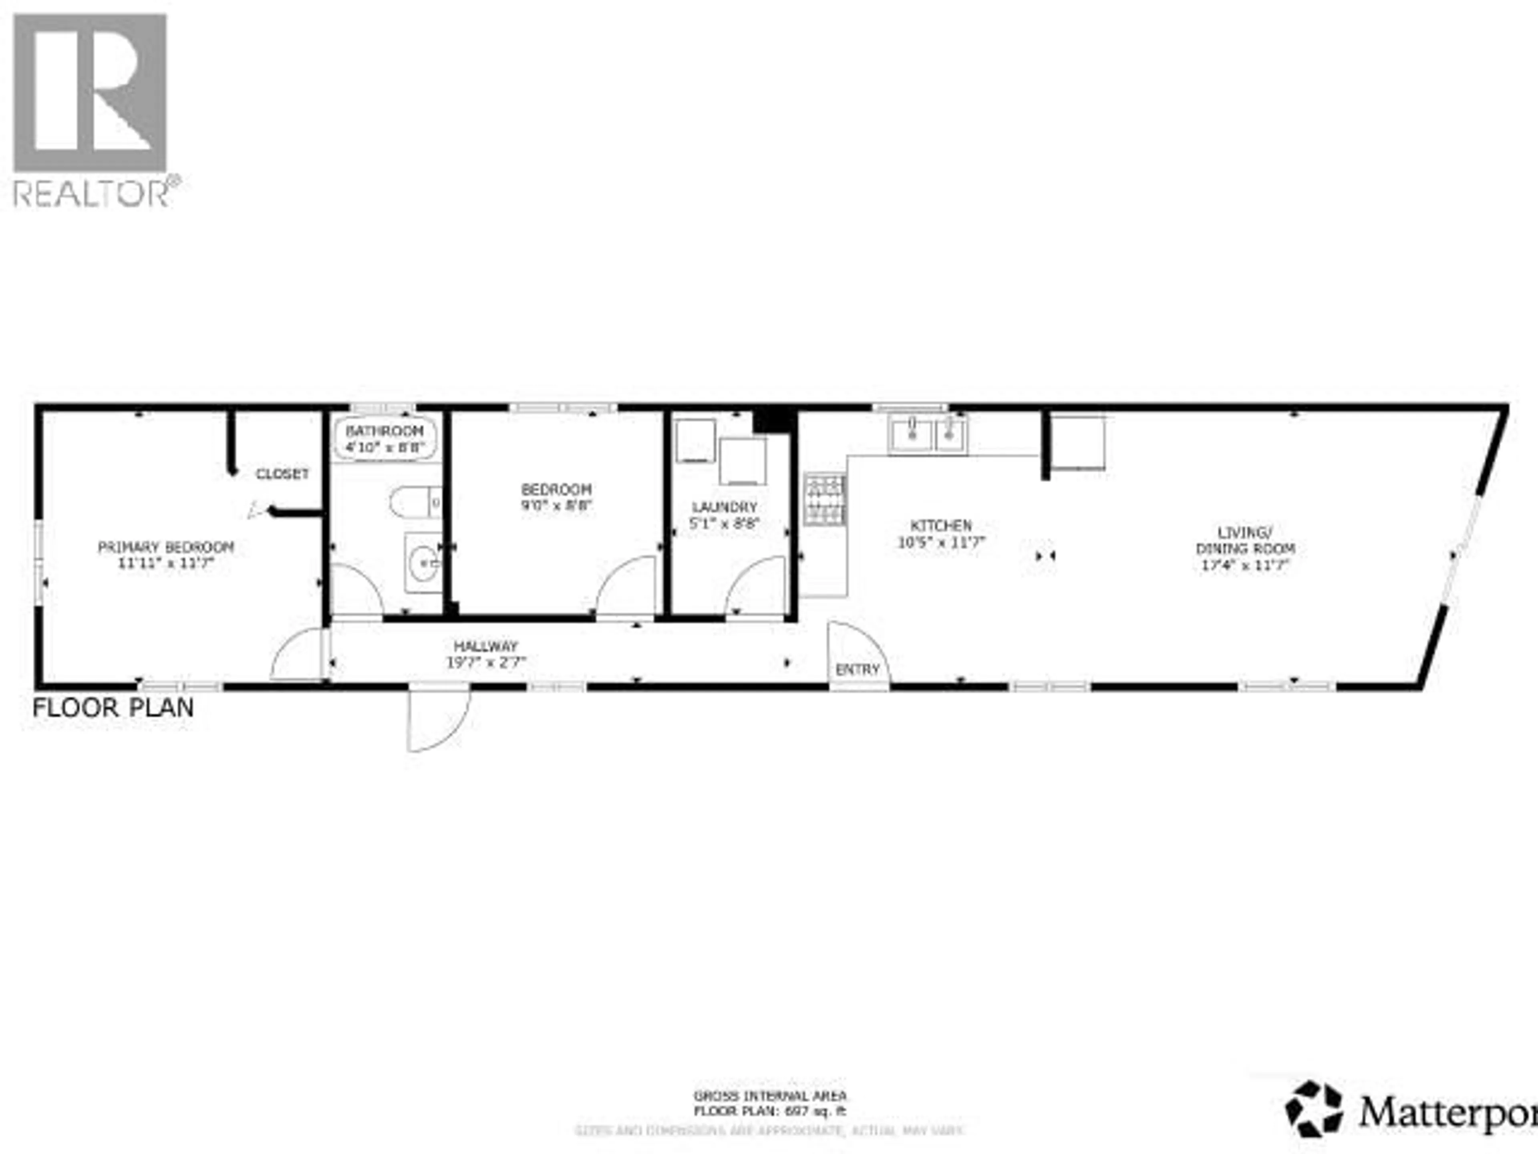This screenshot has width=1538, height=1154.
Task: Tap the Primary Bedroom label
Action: tap(165, 547)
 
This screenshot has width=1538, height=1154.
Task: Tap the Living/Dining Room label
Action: tap(1244, 541)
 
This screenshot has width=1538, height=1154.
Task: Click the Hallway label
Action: tap(486, 646)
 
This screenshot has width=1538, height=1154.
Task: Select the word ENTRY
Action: tap(857, 669)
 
